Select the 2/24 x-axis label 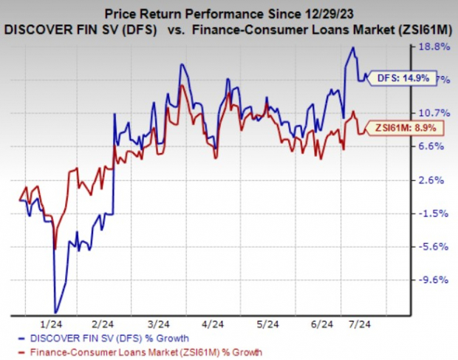pos(103,324)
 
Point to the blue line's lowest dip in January pos(55,312)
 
